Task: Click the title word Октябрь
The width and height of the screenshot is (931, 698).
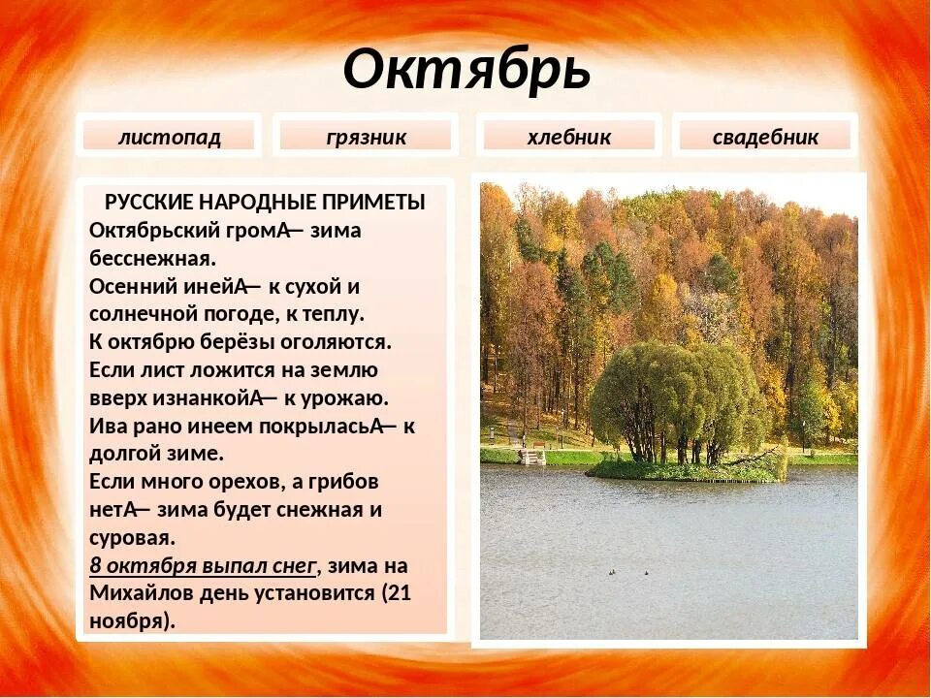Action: tap(466, 71)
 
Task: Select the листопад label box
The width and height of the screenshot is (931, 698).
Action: tap(170, 137)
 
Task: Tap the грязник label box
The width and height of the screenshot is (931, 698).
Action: tap(366, 137)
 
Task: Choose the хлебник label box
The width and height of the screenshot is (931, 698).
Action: tap(569, 137)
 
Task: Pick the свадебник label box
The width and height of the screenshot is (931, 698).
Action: tap(765, 137)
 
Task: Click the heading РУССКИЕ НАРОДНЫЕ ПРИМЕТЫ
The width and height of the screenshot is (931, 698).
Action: tap(265, 203)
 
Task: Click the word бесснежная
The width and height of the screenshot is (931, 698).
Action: tap(151, 259)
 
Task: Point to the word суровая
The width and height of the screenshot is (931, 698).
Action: tap(132, 537)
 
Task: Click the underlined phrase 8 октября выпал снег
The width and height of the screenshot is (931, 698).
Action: tap(203, 565)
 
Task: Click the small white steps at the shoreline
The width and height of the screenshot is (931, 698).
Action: tap(532, 456)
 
